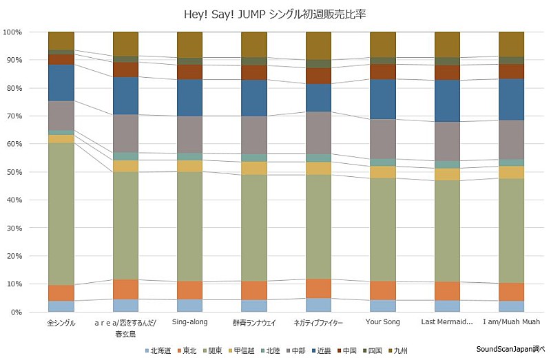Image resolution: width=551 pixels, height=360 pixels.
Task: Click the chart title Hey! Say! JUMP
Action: (275, 13)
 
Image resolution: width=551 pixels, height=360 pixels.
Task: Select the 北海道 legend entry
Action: (159, 350)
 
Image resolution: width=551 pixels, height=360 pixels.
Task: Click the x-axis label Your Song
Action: (383, 322)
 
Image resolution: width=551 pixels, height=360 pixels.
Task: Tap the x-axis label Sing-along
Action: (190, 322)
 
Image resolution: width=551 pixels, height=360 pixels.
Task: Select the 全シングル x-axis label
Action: (61, 322)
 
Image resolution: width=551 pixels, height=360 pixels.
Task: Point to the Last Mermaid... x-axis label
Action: (447, 322)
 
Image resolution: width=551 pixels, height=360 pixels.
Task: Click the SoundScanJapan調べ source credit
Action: (510, 349)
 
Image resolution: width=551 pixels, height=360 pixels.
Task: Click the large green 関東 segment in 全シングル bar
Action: (61, 213)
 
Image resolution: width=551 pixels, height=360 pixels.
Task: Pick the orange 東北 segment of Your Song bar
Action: (383, 290)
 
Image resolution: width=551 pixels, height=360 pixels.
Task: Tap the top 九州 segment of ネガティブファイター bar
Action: (319, 45)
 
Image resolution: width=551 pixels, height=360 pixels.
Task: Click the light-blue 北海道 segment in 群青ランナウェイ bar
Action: (254, 306)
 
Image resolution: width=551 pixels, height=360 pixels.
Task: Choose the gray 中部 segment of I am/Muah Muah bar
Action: (512, 140)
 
